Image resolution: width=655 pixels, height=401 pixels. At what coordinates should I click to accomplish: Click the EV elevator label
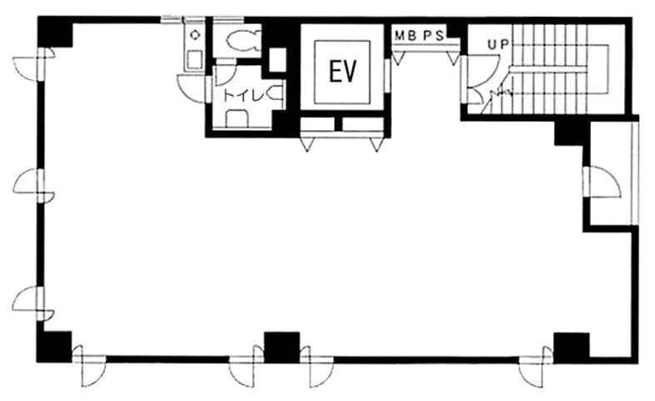point(343,72)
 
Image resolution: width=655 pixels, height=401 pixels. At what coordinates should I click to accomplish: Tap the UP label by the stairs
point(499,43)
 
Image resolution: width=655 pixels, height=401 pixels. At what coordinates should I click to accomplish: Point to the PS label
point(434,36)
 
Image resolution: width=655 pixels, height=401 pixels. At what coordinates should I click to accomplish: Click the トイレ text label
point(243,96)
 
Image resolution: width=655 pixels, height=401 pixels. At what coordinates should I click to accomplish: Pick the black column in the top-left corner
point(56,32)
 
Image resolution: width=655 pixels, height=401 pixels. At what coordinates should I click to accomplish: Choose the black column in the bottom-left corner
point(54,347)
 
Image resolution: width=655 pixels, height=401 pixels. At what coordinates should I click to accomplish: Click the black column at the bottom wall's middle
point(282,348)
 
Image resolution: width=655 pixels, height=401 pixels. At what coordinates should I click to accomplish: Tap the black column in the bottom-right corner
point(572,348)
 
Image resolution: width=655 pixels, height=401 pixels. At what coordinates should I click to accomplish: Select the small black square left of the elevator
point(277,60)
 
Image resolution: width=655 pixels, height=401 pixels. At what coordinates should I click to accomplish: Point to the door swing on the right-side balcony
point(603,181)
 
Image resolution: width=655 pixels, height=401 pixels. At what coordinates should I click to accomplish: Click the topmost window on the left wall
point(41,64)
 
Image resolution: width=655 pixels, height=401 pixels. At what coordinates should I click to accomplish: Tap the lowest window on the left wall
point(41,303)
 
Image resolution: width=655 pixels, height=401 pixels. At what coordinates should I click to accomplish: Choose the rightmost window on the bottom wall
point(536,359)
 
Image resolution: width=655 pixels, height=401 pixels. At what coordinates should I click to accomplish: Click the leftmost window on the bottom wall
point(89,359)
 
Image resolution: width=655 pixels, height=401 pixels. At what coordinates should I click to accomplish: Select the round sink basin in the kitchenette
point(195,35)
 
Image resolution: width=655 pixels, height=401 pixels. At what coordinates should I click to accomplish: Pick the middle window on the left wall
point(41,186)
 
